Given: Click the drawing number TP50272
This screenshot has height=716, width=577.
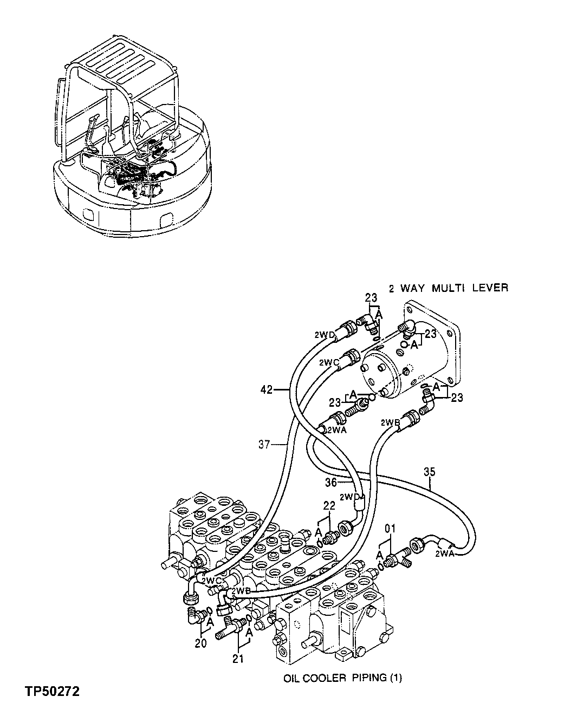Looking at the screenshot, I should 51,692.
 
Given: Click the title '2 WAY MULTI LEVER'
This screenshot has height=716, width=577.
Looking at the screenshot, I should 448,288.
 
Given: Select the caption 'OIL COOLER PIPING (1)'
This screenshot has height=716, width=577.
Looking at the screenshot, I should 342,677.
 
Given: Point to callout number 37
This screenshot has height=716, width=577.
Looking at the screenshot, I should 264,445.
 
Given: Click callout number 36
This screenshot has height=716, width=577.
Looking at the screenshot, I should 331,481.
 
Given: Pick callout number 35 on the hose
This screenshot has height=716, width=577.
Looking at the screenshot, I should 429,472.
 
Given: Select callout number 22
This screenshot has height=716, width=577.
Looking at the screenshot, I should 329,505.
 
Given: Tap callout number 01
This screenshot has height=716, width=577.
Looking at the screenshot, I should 390,527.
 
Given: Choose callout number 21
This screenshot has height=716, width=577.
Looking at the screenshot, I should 238,659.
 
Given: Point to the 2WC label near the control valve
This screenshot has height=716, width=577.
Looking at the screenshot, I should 210,580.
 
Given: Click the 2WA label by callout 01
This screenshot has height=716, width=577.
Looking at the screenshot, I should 443,554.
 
